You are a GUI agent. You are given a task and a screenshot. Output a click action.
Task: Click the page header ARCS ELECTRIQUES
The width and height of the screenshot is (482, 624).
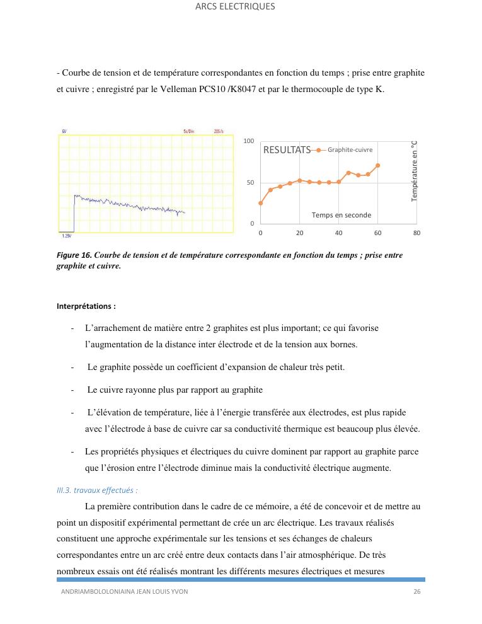(235, 6)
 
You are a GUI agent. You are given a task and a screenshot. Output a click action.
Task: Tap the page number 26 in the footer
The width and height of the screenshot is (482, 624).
(416, 592)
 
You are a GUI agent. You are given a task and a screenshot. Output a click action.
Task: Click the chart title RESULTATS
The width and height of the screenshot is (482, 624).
(287, 150)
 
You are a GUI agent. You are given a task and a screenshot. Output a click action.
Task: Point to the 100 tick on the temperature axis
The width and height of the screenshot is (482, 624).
(249, 141)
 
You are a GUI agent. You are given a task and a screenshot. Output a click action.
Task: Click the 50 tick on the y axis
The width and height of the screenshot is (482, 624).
(250, 183)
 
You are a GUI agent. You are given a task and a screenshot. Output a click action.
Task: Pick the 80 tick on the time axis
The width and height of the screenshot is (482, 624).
(416, 233)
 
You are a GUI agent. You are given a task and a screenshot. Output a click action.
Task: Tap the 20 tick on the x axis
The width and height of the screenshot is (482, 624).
(299, 233)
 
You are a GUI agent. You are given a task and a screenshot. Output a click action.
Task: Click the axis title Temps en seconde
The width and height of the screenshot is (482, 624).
(341, 215)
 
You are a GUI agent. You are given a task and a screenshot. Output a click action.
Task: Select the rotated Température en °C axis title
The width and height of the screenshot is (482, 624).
(414, 171)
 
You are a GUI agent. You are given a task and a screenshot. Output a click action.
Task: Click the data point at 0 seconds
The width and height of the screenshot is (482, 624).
(260, 203)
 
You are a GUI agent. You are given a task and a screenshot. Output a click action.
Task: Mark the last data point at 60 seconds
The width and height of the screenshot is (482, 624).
(378, 166)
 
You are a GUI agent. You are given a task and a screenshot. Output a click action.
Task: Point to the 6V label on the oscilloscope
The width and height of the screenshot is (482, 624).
(64, 131)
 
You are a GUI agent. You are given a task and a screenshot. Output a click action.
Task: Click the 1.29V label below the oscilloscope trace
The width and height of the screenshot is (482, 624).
(67, 236)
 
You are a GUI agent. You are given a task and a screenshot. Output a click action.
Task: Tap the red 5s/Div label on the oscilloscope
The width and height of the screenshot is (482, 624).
(188, 131)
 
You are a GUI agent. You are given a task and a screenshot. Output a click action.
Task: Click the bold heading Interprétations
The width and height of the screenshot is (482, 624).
(86, 307)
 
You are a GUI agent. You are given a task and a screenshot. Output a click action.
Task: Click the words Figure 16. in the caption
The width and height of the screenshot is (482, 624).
(74, 255)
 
